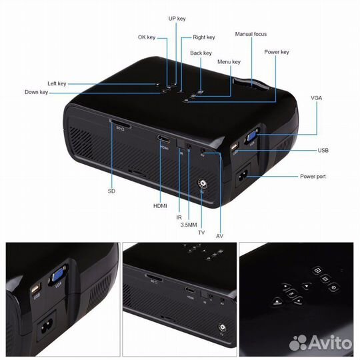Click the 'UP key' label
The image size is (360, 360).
(x=177, y=19)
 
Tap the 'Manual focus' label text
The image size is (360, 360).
(x=251, y=34)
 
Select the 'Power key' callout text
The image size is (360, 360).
(x=277, y=52)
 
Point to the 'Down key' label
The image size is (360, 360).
(x=36, y=92)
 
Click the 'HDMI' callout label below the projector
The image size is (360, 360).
(x=160, y=206)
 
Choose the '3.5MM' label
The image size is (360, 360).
(x=189, y=225)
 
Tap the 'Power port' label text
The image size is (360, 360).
(x=313, y=177)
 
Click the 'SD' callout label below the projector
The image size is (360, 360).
(x=111, y=191)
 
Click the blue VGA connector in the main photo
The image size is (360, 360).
(x=251, y=136)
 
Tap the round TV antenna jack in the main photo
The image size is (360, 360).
(x=203, y=184)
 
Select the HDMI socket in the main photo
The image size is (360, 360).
(x=163, y=139)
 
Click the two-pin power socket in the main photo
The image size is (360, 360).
(x=243, y=176)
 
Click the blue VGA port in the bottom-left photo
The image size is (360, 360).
(x=57, y=275)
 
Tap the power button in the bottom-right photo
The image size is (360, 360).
(x=333, y=287)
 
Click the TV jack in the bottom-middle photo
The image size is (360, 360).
(x=222, y=327)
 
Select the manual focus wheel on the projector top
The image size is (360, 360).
(x=251, y=85)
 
